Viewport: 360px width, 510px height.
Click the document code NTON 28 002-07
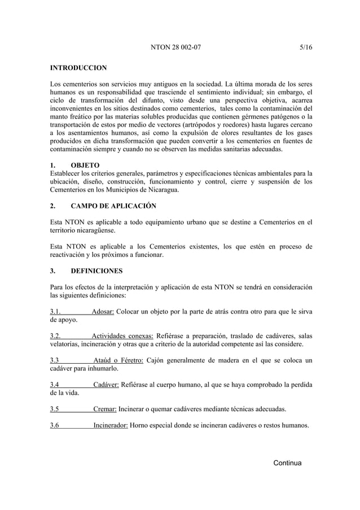pos(175,48)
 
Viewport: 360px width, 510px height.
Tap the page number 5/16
pos(306,48)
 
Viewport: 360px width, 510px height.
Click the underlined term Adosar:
pos(103,312)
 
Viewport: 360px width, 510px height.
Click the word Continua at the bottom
pos(287,463)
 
